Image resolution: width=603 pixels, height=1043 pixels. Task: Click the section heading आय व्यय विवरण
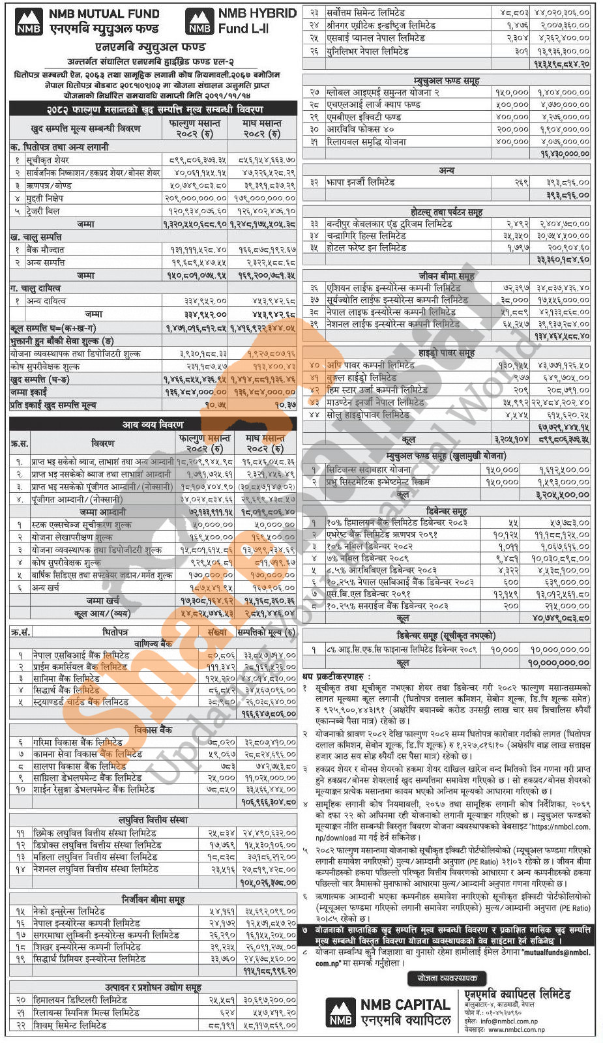pos(153,424)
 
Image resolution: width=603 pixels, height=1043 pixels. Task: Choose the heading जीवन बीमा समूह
pos(447,276)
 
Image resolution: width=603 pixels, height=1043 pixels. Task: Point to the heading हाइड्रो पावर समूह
pos(447,353)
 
